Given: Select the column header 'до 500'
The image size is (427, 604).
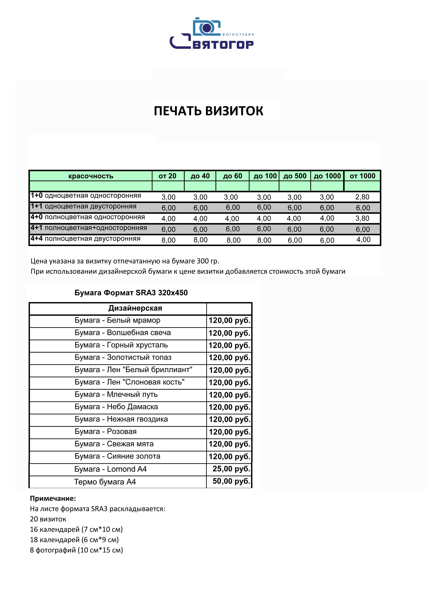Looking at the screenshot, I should [x=295, y=176].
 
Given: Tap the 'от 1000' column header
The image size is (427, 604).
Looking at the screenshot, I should [x=362, y=176].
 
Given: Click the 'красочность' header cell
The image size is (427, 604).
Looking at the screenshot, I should [x=91, y=176].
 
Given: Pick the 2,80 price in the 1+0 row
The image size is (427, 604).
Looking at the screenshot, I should [x=362, y=197].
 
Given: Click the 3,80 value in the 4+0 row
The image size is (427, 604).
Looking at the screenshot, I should [x=362, y=218].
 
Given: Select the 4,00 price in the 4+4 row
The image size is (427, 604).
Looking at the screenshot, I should [x=363, y=240].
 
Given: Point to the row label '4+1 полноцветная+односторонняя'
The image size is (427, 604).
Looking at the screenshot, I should [x=89, y=228].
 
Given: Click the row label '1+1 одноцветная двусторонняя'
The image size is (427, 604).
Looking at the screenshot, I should [x=83, y=206].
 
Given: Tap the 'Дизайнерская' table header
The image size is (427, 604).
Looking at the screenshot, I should [x=135, y=308].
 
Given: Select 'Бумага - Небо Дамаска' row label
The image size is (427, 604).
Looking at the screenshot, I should [x=116, y=407].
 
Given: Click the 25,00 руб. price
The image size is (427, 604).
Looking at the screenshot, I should [x=231, y=469].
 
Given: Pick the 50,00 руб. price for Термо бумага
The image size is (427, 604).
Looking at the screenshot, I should [x=231, y=481].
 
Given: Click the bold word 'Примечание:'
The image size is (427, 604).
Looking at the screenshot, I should [x=53, y=498].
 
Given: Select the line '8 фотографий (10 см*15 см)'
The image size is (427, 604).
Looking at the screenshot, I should [x=76, y=550].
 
